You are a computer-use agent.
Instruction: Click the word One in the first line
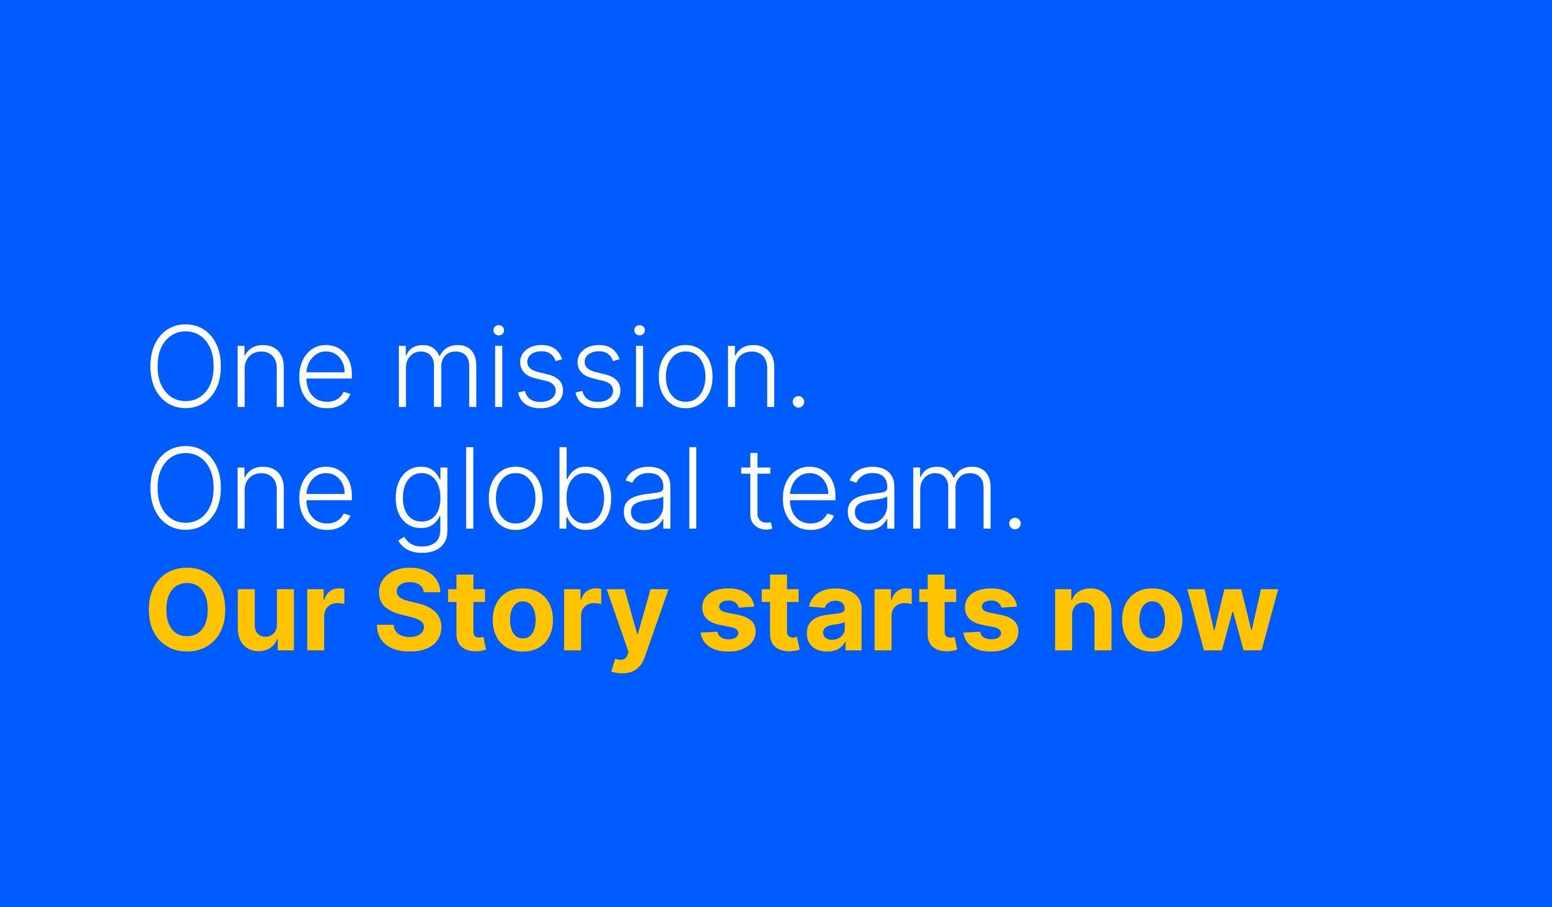pyautogui.click(x=251, y=366)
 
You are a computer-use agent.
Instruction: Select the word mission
pyautogui.click(x=586, y=366)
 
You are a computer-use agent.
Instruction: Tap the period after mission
pyautogui.click(x=798, y=402)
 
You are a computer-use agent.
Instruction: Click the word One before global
pyautogui.click(x=251, y=488)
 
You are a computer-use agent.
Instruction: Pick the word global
pyautogui.click(x=545, y=498)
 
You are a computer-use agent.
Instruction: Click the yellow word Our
pyautogui.click(x=246, y=609)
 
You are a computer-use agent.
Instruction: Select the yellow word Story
pyautogui.click(x=522, y=620)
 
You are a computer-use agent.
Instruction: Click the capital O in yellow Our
pyautogui.click(x=187, y=609)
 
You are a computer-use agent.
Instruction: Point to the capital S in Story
pyautogui.click(x=409, y=609)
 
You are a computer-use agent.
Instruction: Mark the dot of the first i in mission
pyautogui.click(x=499, y=331)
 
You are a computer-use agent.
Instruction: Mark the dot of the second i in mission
pyautogui.click(x=639, y=331)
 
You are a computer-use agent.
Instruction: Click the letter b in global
pyautogui.click(x=584, y=489)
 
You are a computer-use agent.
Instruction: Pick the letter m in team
pyautogui.click(x=952, y=497)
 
